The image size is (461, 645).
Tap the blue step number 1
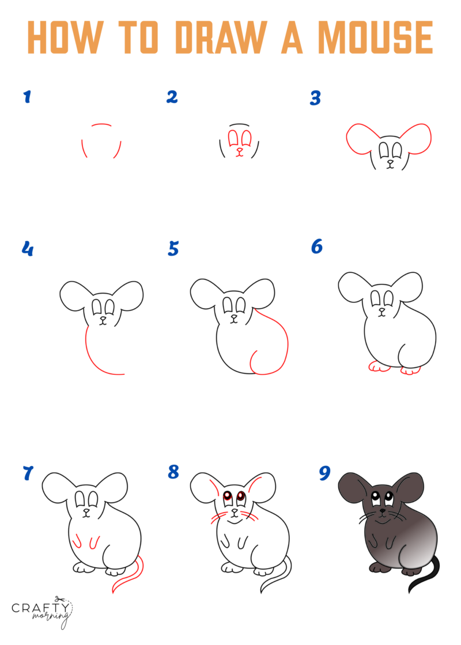[x=27, y=97]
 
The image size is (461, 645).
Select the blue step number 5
[x=173, y=249]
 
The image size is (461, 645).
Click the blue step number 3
[x=315, y=98]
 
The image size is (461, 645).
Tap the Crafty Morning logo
[x=42, y=611]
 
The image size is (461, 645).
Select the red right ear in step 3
[x=416, y=139]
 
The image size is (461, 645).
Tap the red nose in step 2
[x=240, y=150]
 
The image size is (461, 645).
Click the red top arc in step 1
[x=101, y=124]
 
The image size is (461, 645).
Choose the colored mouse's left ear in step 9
[x=353, y=488]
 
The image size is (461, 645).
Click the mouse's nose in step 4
[x=104, y=317]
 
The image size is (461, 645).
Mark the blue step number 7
[x=28, y=473]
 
